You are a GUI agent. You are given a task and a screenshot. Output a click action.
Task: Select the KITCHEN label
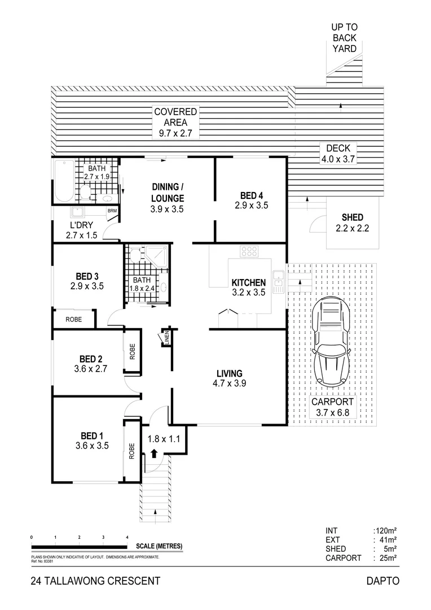tap(248, 282)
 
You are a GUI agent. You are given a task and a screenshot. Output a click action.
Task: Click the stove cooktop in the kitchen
tap(249, 251)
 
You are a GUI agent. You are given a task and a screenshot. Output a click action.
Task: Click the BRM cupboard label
tap(113, 211)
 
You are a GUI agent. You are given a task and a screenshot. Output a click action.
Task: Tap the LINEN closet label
tap(166, 337)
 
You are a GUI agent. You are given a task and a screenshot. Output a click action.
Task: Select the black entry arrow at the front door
tap(153, 452)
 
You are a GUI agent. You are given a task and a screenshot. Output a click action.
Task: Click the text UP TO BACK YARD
tap(344, 38)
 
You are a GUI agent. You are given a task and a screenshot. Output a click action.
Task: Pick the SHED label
tap(353, 217)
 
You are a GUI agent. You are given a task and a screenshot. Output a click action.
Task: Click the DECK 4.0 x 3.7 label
tap(337, 154)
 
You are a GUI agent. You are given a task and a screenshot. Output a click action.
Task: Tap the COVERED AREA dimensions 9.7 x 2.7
tap(175, 134)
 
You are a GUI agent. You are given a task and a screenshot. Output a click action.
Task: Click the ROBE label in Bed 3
tap(73, 319)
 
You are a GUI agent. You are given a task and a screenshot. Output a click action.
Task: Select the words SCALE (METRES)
tap(159, 546)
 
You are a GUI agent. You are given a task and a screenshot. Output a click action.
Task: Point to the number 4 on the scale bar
tap(127, 537)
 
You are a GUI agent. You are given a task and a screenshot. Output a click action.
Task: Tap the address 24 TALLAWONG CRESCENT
tap(95, 581)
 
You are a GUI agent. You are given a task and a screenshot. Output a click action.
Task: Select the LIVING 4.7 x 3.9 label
tap(230, 378)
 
